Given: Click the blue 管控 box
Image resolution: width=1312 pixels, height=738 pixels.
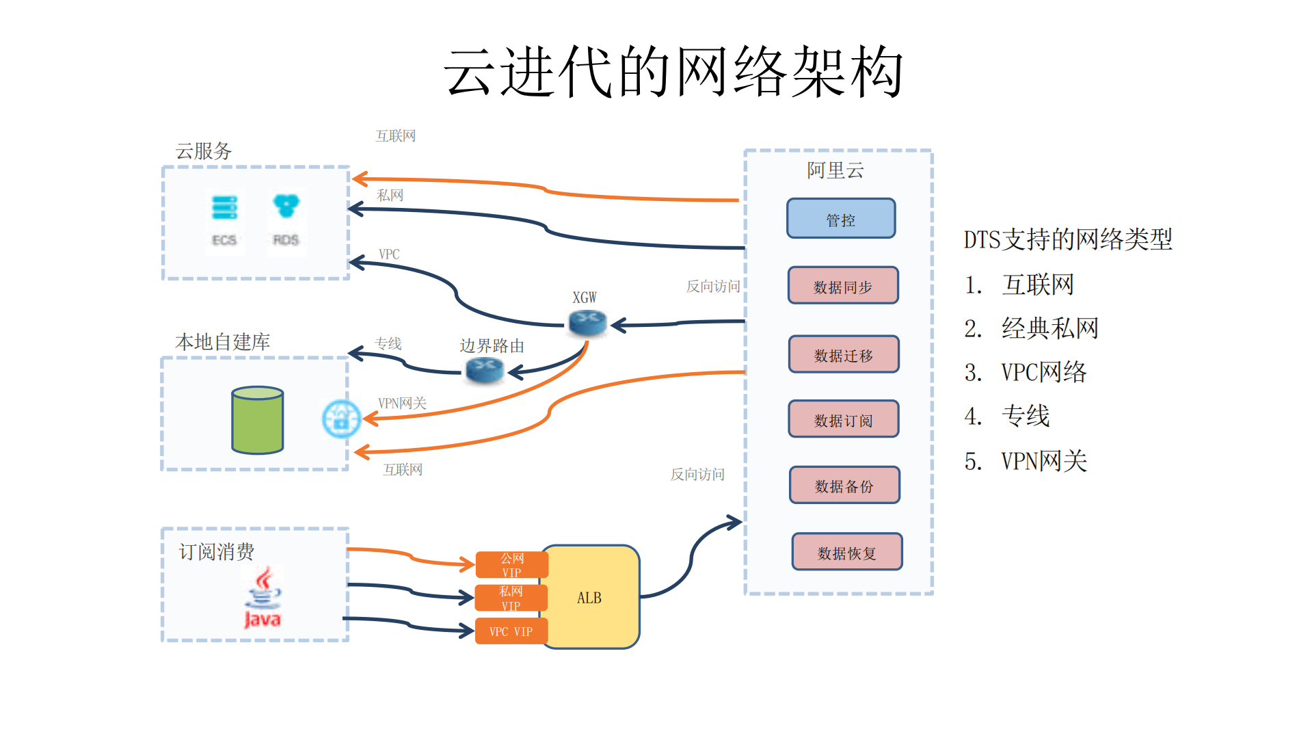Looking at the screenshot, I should (x=840, y=219).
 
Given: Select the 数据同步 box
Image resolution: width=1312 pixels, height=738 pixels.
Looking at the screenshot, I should (x=842, y=286).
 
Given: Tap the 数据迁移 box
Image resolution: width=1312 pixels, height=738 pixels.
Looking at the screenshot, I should (x=843, y=354).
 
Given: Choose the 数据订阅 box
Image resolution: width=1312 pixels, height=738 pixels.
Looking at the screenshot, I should (x=843, y=419).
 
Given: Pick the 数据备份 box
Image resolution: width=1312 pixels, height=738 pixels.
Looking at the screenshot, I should (x=844, y=486).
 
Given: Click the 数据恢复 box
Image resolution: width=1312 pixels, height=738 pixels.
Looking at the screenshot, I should (x=846, y=552).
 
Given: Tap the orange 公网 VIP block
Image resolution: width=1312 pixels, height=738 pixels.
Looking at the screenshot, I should (x=511, y=565).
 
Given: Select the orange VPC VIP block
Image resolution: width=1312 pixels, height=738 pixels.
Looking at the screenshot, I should (x=511, y=631).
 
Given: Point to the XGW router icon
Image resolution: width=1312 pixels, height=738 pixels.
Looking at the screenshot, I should (x=587, y=321).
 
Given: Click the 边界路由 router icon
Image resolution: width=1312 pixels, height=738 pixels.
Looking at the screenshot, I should (x=485, y=370).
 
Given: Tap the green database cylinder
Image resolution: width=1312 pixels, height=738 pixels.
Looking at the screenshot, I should (x=257, y=420).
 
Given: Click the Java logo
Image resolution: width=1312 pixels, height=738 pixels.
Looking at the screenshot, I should (x=263, y=597).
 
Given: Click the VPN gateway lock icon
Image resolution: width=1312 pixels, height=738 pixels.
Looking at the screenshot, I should (x=341, y=419).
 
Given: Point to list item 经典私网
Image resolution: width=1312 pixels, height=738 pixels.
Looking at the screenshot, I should (x=1049, y=329).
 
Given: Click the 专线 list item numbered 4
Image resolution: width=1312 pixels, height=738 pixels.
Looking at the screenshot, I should (x=1025, y=416).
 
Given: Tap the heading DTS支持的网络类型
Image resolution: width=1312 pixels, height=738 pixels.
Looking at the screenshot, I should (x=1067, y=240).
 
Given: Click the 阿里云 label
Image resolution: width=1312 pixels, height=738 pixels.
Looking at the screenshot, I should (x=835, y=170).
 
